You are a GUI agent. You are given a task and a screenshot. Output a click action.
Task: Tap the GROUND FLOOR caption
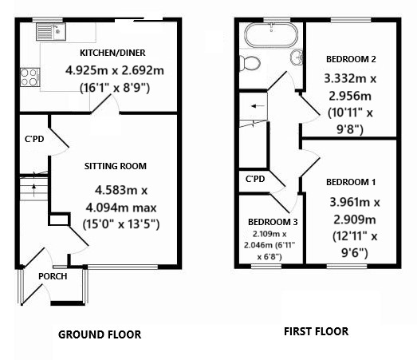coord(100,335)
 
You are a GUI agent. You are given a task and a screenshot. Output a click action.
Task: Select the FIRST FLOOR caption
coord(316,330)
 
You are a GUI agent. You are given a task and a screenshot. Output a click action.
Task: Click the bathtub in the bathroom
coord(270,35)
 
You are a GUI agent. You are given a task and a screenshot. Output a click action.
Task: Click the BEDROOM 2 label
coord(351,59)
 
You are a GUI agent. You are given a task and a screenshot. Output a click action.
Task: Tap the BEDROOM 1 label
coord(351,181)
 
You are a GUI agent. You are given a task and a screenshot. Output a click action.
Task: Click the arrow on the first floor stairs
coord(254,105)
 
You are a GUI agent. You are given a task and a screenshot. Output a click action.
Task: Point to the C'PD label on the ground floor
coord(34,139)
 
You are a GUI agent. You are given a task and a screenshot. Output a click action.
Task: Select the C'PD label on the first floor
coord(255,179)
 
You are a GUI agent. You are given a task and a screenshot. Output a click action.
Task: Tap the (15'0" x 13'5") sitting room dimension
coord(121,224)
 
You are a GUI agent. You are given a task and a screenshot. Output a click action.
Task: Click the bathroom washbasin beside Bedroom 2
coord(297,56)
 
